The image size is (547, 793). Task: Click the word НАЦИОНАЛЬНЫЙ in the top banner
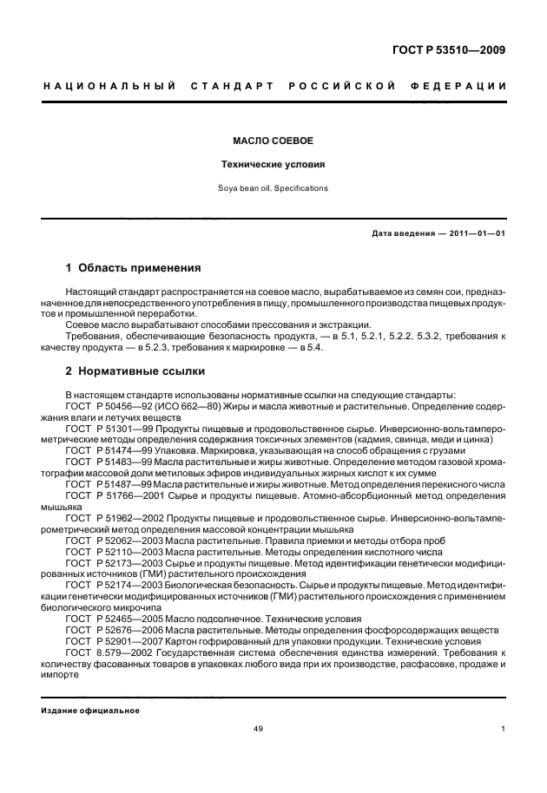109,85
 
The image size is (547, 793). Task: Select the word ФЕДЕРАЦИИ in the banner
465,85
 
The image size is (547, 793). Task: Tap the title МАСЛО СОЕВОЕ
273,140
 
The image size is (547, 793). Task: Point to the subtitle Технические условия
273,163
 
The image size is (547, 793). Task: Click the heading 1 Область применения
134,267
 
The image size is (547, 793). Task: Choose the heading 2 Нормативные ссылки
135,371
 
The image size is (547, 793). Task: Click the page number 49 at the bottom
258,729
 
